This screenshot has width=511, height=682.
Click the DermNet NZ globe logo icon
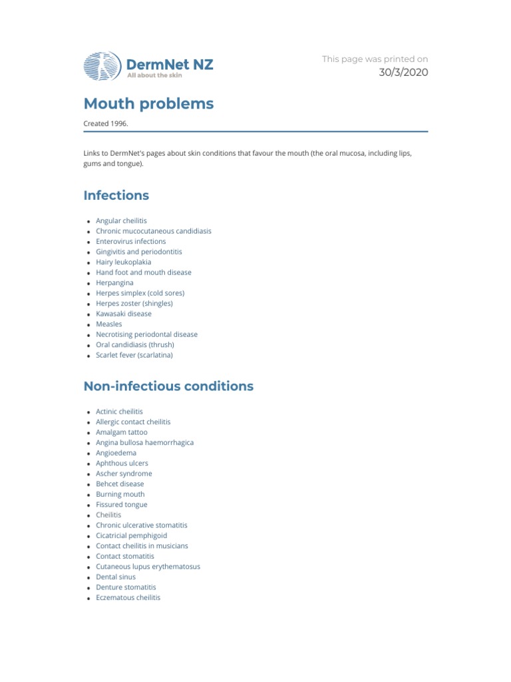click(x=102, y=67)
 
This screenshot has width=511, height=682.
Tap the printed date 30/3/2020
click(x=403, y=73)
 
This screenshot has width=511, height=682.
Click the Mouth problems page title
click(x=148, y=104)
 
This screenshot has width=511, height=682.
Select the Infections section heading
click(x=116, y=195)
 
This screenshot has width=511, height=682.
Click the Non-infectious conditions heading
click(x=168, y=386)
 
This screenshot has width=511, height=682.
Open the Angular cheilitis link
click(x=122, y=220)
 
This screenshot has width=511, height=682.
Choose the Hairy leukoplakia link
click(x=123, y=262)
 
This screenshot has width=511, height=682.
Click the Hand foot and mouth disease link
click(x=143, y=272)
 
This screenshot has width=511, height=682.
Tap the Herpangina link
click(x=114, y=282)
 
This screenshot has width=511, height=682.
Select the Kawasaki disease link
click(x=124, y=314)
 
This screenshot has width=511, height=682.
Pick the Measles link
click(x=109, y=324)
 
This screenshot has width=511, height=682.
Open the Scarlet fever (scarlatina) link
click(x=134, y=355)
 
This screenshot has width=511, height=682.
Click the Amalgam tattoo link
click(x=122, y=432)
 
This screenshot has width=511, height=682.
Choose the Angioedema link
click(x=116, y=453)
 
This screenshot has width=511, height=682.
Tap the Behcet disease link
click(x=120, y=484)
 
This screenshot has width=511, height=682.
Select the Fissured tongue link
click(x=122, y=504)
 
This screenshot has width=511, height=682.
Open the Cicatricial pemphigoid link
click(x=132, y=535)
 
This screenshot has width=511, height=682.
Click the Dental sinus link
click(x=116, y=577)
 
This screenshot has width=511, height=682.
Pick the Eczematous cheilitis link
click(x=128, y=597)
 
